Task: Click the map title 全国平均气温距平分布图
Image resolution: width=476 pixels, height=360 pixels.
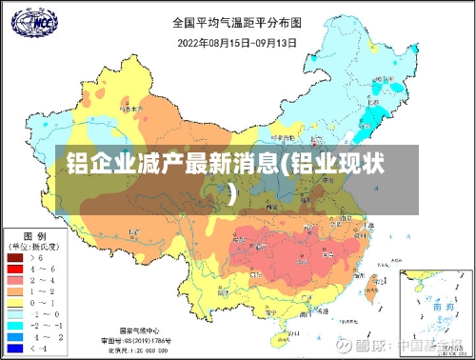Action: pyautogui.click(x=238, y=21)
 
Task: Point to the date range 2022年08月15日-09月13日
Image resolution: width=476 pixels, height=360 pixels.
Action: pyautogui.click(x=238, y=41)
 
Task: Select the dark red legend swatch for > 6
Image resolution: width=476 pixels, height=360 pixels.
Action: pyautogui.click(x=16, y=257)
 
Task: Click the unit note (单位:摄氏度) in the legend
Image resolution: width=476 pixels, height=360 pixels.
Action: pyautogui.click(x=35, y=245)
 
